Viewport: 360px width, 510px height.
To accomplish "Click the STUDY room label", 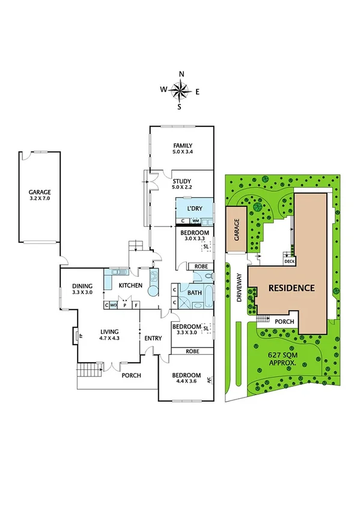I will [x=182, y=181].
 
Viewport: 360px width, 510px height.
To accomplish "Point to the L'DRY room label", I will [x=194, y=208].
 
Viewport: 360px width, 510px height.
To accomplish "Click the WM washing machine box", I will [x=195, y=221].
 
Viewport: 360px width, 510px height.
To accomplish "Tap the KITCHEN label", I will [x=129, y=284].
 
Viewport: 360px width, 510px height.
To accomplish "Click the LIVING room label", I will [x=109, y=331].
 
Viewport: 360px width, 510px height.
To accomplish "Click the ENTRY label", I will [x=153, y=338].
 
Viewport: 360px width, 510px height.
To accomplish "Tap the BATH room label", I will [x=194, y=293].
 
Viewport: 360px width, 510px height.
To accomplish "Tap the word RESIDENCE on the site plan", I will [x=291, y=287].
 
